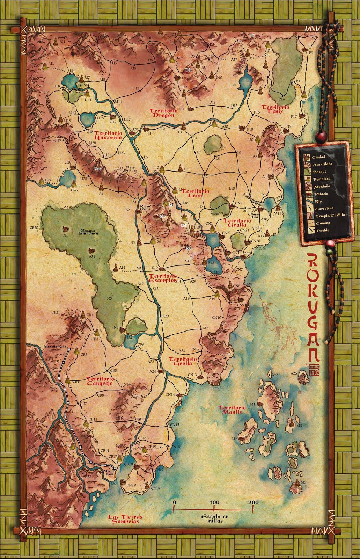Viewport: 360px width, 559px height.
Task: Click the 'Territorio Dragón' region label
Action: tap(162, 113)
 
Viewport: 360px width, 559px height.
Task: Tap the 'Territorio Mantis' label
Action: tap(232, 410)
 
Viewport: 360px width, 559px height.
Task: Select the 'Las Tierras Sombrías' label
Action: tap(123, 519)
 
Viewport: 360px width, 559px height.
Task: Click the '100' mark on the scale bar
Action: tap(214, 502)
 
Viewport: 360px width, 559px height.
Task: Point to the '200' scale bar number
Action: tap(254, 502)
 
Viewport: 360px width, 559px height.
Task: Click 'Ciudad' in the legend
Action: tap(319, 157)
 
